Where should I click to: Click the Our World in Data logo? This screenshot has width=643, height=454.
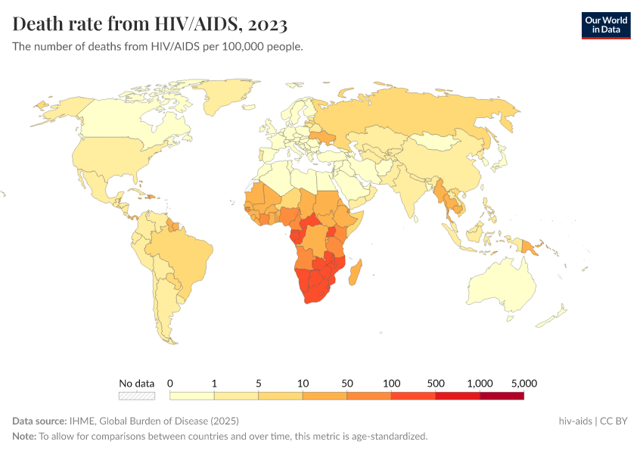(605, 25)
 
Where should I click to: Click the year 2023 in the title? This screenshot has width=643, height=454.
(267, 24)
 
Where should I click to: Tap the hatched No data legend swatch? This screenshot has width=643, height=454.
(136, 395)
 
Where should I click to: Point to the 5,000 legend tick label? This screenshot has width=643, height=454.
(524, 383)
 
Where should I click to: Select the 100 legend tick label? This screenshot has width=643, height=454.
(391, 383)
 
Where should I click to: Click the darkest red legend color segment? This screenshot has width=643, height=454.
(502, 395)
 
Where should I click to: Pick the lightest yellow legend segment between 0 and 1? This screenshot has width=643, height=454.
(192, 395)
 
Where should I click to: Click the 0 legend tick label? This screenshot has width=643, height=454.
(170, 383)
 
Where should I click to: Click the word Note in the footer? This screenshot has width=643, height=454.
(23, 437)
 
